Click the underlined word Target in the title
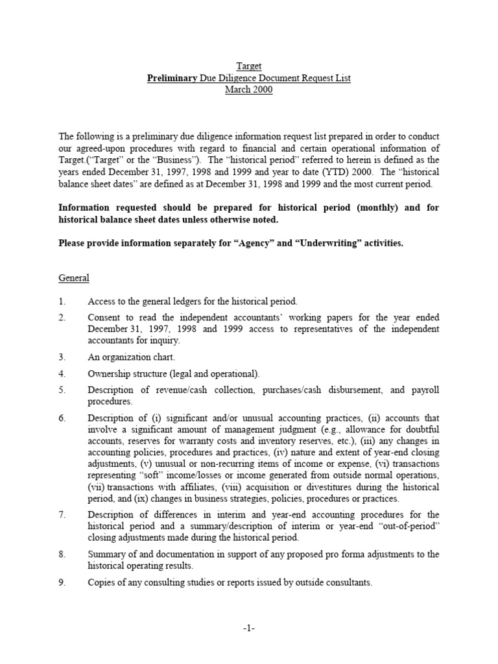click(248, 65)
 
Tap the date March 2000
click(248, 90)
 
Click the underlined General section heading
click(74, 278)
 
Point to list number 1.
click(62, 302)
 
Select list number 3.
click(62, 357)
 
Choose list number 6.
click(62, 418)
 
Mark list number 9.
click(62, 582)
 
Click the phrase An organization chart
click(132, 357)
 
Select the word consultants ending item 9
click(348, 582)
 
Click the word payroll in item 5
click(423, 390)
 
